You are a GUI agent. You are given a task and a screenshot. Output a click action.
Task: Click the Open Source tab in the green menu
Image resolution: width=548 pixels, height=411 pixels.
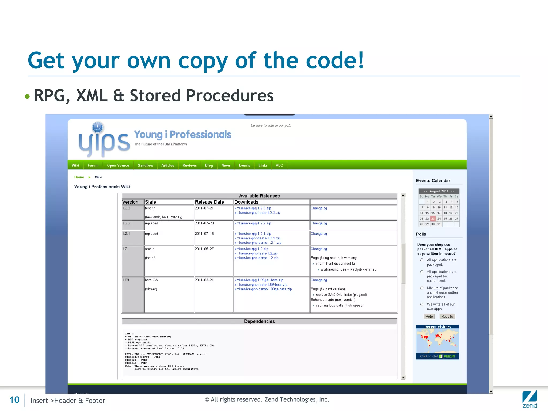pyautogui.click(x=118, y=165)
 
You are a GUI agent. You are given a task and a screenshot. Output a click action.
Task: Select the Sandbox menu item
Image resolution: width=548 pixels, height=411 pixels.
pyautogui.click(x=145, y=165)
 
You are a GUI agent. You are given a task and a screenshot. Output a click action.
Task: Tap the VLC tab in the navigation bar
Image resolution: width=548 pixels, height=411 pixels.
pyautogui.click(x=279, y=165)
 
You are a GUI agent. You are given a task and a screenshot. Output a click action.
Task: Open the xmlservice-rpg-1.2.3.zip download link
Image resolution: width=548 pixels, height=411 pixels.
pyautogui.click(x=253, y=208)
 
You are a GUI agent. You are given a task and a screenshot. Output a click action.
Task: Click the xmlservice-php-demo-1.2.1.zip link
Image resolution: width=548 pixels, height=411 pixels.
pyautogui.click(x=258, y=243)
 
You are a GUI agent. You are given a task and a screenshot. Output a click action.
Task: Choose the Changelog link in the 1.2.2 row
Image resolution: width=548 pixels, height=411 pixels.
pyautogui.click(x=319, y=223)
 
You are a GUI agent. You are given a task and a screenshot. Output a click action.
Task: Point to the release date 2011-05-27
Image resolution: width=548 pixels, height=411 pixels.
pyautogui.click(x=204, y=249)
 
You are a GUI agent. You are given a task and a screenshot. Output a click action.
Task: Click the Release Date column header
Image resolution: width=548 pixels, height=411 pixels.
pyautogui.click(x=209, y=202)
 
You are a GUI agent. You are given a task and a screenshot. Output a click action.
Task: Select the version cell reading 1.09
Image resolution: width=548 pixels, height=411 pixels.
pyautogui.click(x=126, y=280)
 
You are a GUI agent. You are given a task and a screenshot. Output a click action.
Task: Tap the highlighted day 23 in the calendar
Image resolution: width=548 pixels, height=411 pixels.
pyautogui.click(x=433, y=219)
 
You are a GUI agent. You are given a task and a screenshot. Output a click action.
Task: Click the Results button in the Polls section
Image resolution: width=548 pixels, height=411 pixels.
pyautogui.click(x=447, y=316)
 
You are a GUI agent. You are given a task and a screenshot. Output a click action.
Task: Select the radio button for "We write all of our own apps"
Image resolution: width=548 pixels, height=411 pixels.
pyautogui.click(x=422, y=304)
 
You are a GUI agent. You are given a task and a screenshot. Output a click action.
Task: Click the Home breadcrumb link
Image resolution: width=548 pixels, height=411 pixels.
pyautogui.click(x=79, y=177)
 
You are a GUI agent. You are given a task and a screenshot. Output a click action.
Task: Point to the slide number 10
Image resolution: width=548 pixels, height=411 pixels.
pyautogui.click(x=14, y=400)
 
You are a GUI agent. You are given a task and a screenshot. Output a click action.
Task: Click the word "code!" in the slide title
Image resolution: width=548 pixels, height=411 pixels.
pyautogui.click(x=335, y=60)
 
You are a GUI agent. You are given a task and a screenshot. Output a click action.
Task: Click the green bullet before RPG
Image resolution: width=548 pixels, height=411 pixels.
pyautogui.click(x=27, y=96)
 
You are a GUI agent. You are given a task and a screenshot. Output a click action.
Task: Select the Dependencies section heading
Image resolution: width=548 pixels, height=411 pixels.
pyautogui.click(x=259, y=321)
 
